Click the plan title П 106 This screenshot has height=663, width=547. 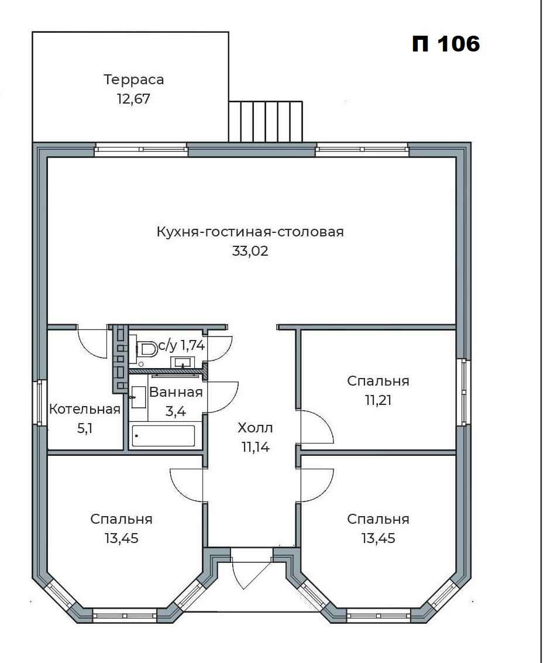pyautogui.click(x=446, y=43)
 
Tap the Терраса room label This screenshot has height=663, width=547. pyautogui.click(x=133, y=80)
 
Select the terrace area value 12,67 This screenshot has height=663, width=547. pyautogui.click(x=133, y=99)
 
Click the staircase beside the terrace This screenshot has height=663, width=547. pyautogui.click(x=266, y=121)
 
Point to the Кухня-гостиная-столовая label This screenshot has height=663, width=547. pyautogui.click(x=250, y=232)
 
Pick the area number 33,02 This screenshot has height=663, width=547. pyautogui.click(x=250, y=251)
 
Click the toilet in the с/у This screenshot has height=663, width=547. pyautogui.click(x=145, y=349)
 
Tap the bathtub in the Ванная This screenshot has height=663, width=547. pyautogui.click(x=164, y=435)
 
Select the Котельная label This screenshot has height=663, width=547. pyautogui.click(x=85, y=409)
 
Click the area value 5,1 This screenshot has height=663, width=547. pyautogui.click(x=85, y=429)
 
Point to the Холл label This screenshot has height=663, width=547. pyautogui.click(x=255, y=428)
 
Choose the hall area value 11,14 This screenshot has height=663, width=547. pyautogui.click(x=255, y=447)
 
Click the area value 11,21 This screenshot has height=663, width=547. pyautogui.click(x=378, y=400)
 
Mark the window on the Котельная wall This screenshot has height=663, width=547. pyautogui.click(x=40, y=402)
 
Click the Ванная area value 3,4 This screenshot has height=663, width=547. pyautogui.click(x=176, y=411)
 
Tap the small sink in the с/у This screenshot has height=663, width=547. pyautogui.click(x=183, y=362)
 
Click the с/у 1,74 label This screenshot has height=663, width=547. pyautogui.click(x=182, y=346)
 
